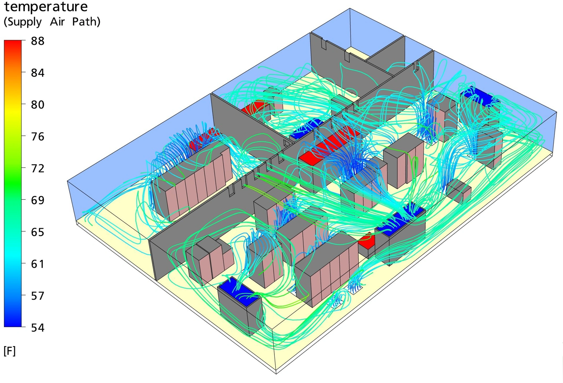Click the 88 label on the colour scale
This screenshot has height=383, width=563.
coord(38,41)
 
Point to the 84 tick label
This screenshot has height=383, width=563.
coord(38,73)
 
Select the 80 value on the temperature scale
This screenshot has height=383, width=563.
coord(38,105)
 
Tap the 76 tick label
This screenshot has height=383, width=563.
coord(38,137)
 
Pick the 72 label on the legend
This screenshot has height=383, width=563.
coord(38,169)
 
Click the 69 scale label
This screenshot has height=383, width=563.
coord(38,200)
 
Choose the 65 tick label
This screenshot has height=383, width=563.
coord(38,232)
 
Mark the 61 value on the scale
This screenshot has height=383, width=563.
coord(38,264)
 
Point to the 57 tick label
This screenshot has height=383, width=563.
coord(38,296)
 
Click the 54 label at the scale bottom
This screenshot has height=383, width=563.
coord(38,328)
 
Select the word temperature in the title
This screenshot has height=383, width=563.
coord(46,7)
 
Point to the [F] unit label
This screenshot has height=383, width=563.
coord(10,351)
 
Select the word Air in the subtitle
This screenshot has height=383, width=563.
coord(57,22)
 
